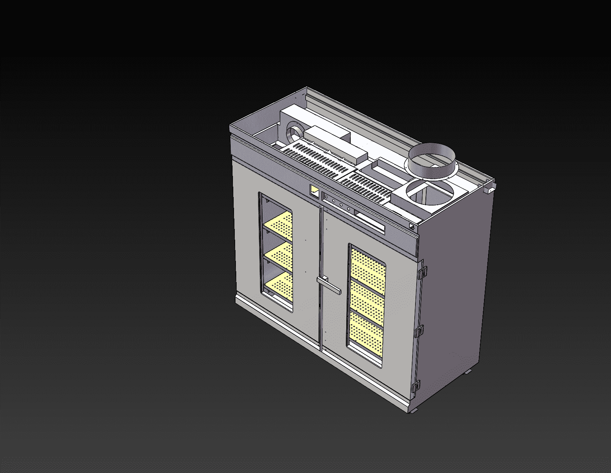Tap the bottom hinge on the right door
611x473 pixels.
pos(416,386)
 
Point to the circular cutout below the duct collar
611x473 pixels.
pos(430,193)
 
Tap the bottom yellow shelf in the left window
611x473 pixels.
pos(279,285)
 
